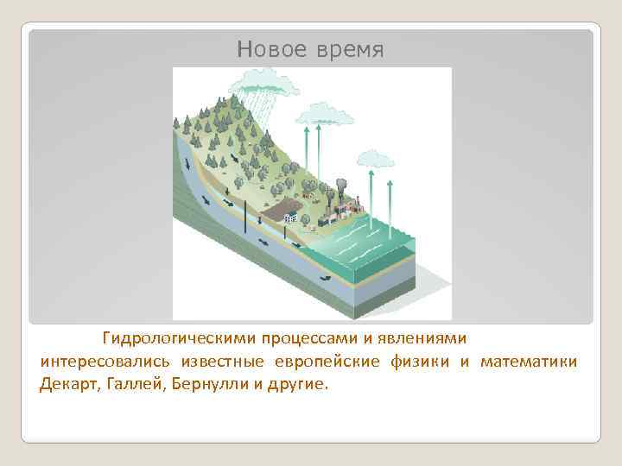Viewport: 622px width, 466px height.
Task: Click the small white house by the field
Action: [290, 219]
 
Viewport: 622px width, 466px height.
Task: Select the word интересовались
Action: [105, 361]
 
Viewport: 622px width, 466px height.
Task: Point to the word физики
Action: [420, 361]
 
